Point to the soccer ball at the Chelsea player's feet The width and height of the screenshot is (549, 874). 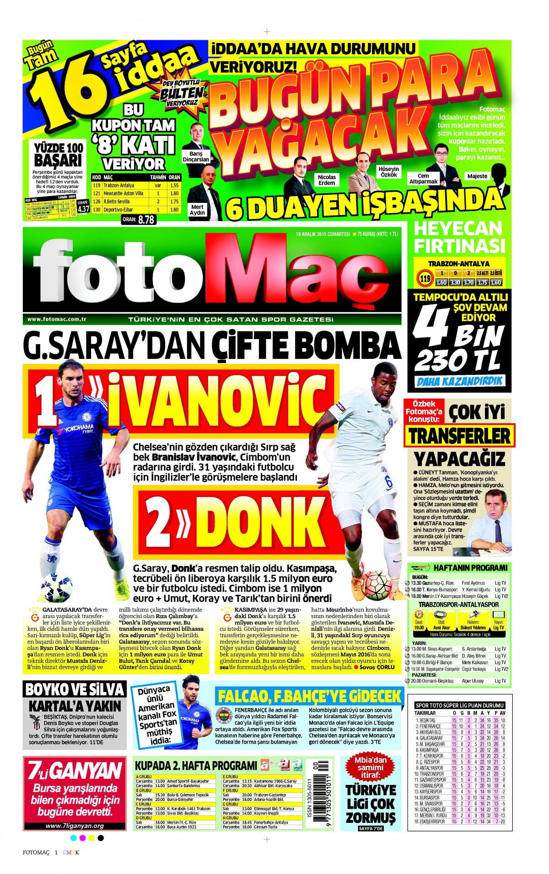tap(56, 587)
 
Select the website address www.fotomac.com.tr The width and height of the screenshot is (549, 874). tap(57, 320)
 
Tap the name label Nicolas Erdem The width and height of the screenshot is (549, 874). tap(327, 180)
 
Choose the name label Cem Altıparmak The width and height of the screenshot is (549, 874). tap(423, 179)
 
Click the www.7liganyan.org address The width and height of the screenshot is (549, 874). tap(75, 826)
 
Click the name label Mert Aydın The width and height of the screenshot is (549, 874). tap(197, 210)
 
